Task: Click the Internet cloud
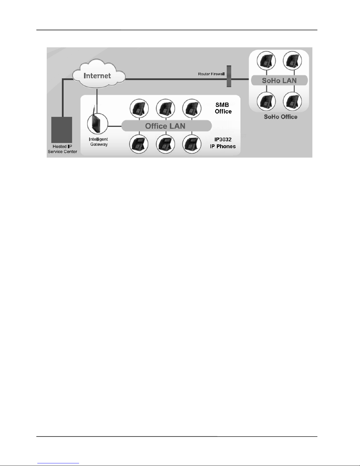click(x=97, y=75)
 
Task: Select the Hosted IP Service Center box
click(x=62, y=130)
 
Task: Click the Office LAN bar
click(x=166, y=126)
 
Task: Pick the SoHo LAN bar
click(x=279, y=80)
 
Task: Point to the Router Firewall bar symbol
click(x=229, y=76)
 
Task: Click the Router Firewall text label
click(x=211, y=74)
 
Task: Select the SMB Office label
click(x=223, y=108)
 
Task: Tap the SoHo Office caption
click(x=280, y=117)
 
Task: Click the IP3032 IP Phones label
click(x=223, y=143)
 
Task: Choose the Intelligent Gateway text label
click(x=98, y=142)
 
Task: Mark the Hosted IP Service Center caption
click(x=62, y=149)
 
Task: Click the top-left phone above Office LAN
click(x=139, y=108)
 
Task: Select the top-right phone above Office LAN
click(x=192, y=108)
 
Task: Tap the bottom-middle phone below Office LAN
click(x=165, y=144)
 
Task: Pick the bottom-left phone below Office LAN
click(x=139, y=144)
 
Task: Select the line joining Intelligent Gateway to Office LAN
click(x=115, y=126)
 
